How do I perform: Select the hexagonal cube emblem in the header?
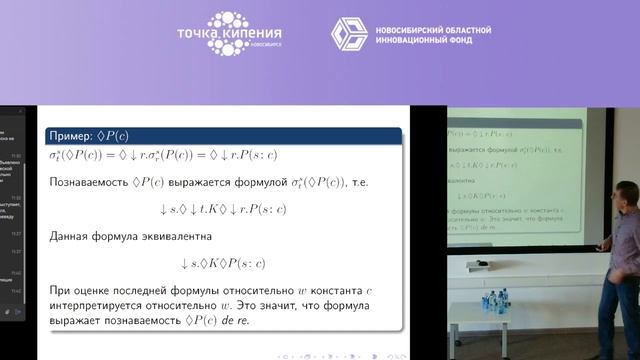pyautogui.click(x=349, y=33)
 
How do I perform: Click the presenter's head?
pyautogui.click(x=626, y=191)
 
